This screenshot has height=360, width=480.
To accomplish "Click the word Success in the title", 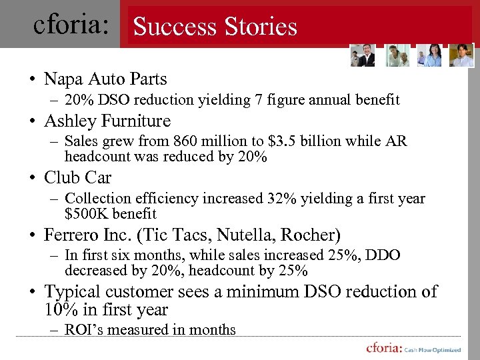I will point(171,27).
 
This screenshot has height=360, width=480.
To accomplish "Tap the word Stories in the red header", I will point(256,27).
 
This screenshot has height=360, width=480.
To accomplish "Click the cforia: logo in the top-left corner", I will point(71,25).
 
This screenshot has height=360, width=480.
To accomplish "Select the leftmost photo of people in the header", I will point(363,56).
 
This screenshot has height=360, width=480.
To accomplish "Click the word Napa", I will point(63,79).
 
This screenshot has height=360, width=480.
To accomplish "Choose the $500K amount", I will point(89,214).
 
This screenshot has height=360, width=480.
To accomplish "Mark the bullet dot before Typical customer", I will point(32,292).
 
